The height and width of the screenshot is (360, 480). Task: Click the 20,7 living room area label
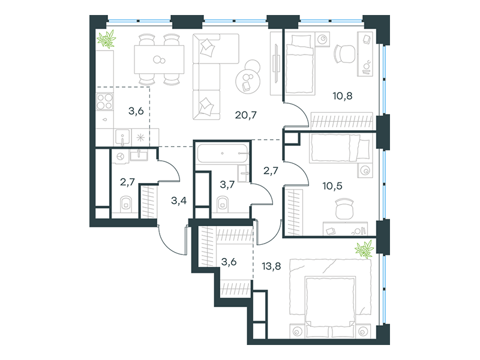coord(245,115)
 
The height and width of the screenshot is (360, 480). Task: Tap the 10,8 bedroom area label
coord(342,96)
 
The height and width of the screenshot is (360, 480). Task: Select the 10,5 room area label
coord(332,185)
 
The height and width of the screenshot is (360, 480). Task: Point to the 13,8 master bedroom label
coord(271,266)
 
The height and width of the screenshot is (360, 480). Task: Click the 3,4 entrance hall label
coord(179,201)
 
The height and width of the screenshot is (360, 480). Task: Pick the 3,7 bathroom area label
coord(227,184)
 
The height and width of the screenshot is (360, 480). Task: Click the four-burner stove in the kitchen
coord(104,101)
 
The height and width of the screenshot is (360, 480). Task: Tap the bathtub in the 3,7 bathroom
coord(222,153)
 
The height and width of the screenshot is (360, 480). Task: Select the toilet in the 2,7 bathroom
coord(125,203)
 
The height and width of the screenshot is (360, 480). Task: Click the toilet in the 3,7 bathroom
coord(223,203)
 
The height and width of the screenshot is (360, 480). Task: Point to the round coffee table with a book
coord(247,81)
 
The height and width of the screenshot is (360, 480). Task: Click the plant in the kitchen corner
coord(106,39)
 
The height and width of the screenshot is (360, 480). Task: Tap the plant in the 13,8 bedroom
coord(364,249)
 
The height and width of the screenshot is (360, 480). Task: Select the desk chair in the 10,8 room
coord(344,54)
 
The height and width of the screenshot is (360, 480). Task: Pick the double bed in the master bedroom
coord(330,299)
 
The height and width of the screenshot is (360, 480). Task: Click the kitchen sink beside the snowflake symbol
coord(122,137)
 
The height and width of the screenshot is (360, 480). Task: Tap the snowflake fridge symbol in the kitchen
coord(140,138)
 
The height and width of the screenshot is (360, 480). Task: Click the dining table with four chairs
coord(159,59)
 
